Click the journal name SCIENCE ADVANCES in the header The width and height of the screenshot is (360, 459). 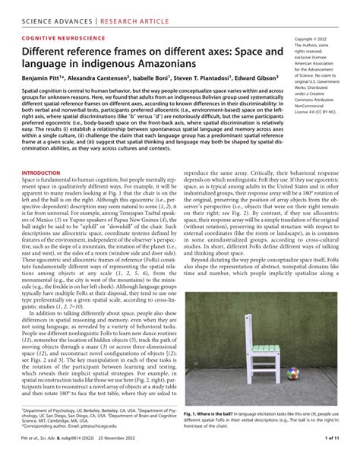tap(43, 11)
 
